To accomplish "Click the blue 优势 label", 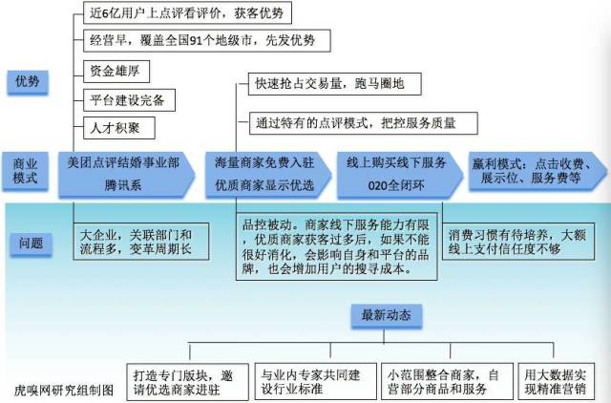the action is [28, 82].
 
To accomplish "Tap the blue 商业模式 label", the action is [26, 171].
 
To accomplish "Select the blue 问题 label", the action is [31, 244].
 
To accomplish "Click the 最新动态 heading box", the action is [386, 316].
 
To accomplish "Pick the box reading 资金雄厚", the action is [116, 72].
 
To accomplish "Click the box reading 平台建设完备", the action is [130, 100].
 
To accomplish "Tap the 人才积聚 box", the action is [119, 128].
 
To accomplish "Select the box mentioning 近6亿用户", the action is [187, 12].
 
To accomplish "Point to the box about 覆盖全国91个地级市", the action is [207, 40].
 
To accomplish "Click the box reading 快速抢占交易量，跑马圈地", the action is [335, 84].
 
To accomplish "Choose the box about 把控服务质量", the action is [363, 123].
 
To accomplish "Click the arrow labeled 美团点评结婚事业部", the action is [126, 174].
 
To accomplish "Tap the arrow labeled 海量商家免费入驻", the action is [268, 174].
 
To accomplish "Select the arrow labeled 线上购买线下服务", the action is [400, 174].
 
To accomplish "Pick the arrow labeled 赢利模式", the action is [537, 171].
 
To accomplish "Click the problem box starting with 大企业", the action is [141, 242].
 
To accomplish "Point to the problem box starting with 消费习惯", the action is [518, 242].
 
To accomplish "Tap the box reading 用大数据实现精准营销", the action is [556, 382].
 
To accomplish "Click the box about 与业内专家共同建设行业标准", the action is [316, 382].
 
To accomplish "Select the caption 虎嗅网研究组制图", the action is [64, 391].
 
